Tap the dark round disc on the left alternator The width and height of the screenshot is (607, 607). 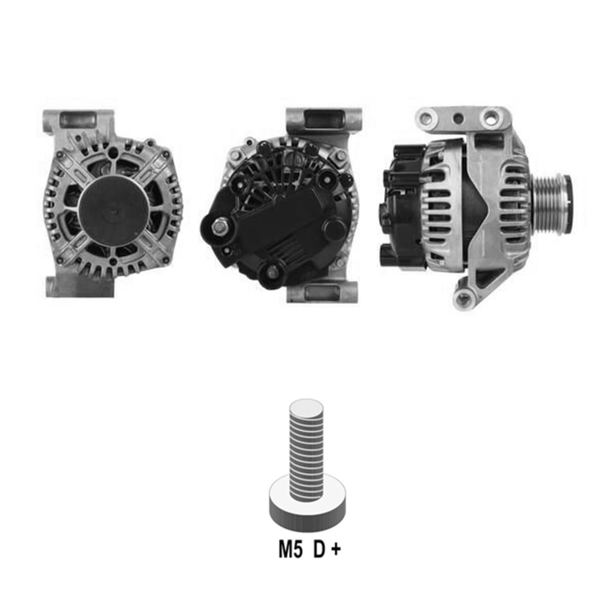click(x=113, y=209)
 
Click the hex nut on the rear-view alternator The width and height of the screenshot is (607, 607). click(x=220, y=228)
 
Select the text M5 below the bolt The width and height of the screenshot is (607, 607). click(x=290, y=550)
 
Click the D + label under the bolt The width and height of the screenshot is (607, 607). click(x=327, y=550)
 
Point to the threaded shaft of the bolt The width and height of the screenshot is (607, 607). click(x=307, y=452)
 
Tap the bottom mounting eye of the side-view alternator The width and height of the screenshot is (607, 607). click(x=465, y=297)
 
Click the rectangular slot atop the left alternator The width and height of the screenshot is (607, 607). click(x=78, y=120)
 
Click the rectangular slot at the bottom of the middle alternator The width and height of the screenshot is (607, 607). click(x=322, y=293)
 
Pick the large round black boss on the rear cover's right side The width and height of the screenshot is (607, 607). click(x=333, y=228)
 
